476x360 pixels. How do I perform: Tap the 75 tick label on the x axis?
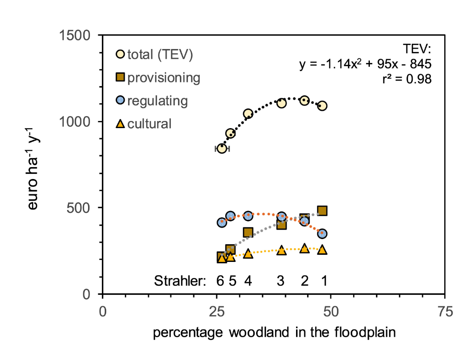[445, 312]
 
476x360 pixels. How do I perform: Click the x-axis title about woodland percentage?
[274, 333]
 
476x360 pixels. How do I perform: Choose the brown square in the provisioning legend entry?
[121, 78]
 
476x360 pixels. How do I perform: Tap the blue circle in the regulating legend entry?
[121, 101]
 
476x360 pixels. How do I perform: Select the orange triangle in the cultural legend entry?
[121, 124]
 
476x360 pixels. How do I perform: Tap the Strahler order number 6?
[220, 281]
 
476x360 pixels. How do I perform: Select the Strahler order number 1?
[324, 281]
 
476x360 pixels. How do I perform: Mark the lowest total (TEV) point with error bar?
[221, 149]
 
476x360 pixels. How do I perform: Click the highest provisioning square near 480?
[322, 211]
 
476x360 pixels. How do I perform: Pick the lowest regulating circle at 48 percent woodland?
[322, 233]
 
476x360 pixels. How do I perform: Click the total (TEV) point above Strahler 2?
[304, 100]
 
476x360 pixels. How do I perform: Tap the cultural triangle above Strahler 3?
[281, 250]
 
